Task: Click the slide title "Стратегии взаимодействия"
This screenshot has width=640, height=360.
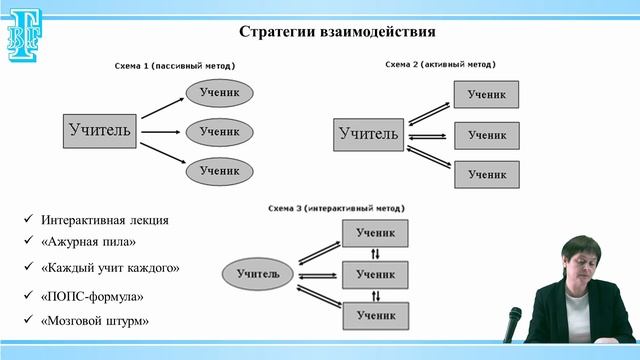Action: click(337, 31)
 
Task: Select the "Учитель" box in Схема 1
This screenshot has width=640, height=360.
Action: click(99, 130)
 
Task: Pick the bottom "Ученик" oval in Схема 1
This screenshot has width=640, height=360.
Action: click(219, 170)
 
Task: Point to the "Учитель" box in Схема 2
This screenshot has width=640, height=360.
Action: click(368, 133)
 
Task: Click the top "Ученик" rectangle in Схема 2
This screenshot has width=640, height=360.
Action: click(487, 95)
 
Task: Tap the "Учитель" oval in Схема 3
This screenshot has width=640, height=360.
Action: click(265, 272)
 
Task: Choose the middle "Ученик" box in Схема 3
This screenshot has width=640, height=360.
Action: click(375, 273)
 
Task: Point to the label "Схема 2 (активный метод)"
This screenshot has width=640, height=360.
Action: click(440, 64)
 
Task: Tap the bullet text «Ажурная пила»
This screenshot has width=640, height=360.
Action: click(88, 242)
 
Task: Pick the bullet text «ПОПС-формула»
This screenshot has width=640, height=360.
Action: click(94, 296)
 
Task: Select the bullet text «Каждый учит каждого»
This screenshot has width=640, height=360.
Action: click(110, 268)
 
